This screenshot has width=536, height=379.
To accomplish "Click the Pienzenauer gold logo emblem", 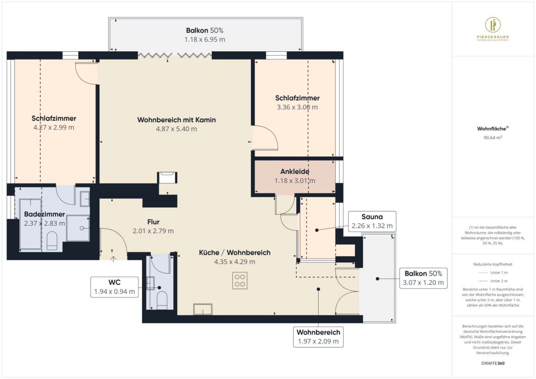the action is (x=493, y=25).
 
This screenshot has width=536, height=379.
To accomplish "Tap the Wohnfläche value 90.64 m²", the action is (x=493, y=137).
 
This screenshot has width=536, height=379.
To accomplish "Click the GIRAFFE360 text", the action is (x=493, y=363).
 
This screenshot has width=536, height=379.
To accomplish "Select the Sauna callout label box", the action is (x=372, y=221).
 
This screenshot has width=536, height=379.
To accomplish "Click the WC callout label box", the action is (x=114, y=287).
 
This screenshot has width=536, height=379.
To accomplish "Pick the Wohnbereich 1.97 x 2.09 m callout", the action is (x=318, y=337).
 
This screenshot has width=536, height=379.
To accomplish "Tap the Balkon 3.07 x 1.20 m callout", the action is (x=423, y=278).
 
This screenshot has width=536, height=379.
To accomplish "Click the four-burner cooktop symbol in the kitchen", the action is (x=240, y=281).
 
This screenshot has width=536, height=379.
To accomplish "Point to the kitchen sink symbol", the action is (x=203, y=309).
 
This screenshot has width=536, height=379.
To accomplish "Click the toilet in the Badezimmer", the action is (x=52, y=241).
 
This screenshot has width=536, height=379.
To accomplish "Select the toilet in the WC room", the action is (x=162, y=300).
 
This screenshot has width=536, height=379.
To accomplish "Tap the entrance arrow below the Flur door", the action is (x=113, y=259).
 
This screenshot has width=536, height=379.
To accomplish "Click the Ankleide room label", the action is (x=295, y=172).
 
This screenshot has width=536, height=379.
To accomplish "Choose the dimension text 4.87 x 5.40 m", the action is (x=176, y=129).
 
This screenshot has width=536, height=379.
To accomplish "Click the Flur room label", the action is (x=154, y=222).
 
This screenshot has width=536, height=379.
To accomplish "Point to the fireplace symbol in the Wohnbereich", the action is (x=167, y=178).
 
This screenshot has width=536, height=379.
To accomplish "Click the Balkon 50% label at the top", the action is (x=204, y=30).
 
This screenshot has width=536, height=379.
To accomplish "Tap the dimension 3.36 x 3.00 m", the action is (x=297, y=107).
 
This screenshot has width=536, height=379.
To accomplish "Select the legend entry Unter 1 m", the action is (x=493, y=272).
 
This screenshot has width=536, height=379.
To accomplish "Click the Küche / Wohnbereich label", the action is (x=235, y=253).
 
